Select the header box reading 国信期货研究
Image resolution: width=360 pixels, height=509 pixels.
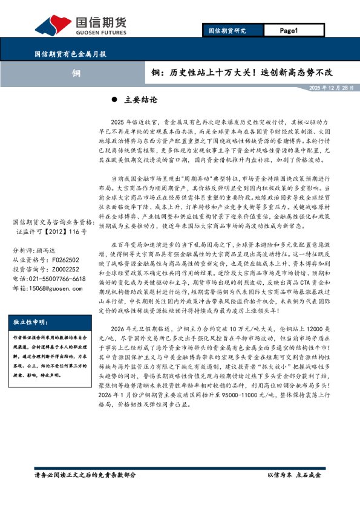coord(227,30)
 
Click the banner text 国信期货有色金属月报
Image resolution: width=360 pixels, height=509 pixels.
coord(69,54)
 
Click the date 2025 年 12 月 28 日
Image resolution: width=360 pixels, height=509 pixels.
coord(331,88)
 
